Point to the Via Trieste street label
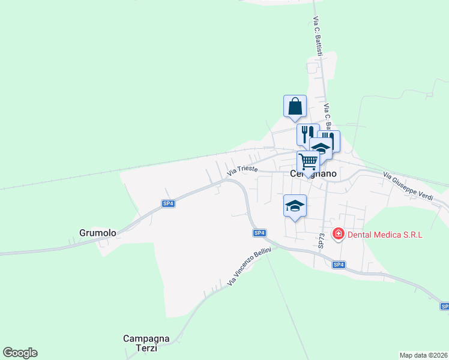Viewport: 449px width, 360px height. tap(243, 171)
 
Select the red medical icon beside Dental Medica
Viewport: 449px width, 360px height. tap(338, 234)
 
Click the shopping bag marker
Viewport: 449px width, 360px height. tap(295, 106)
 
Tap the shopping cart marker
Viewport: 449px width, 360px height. tap(308, 161)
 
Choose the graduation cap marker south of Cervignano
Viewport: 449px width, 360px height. tap(295, 206)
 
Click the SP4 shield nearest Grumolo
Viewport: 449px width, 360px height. tap(169, 203)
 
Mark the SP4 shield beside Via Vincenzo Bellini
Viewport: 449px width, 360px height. tap(259, 233)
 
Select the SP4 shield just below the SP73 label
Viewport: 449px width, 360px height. tap(339, 265)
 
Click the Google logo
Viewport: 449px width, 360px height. tap(20, 353)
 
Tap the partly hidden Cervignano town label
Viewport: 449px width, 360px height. tap(313, 174)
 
